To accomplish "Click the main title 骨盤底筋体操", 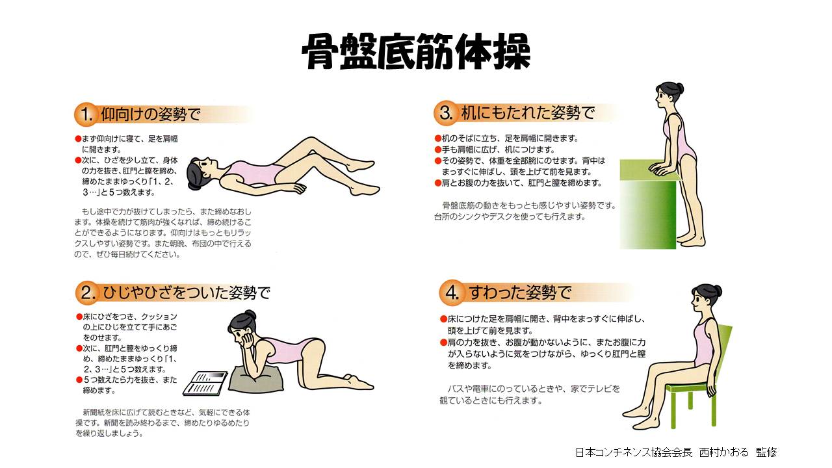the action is click(416, 51).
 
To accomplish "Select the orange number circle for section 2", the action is click(87, 292).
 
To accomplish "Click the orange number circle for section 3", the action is click(445, 113).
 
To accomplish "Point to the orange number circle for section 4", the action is click(451, 292).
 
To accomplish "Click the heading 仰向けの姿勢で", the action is click(151, 114).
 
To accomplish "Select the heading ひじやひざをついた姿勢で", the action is click(186, 293).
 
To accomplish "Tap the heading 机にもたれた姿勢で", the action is click(528, 112).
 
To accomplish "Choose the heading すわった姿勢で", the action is click(519, 292).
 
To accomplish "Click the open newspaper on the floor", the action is click(205, 383).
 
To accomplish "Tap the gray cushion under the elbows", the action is click(256, 378).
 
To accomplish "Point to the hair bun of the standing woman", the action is click(680, 88).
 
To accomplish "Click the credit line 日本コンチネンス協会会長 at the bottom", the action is click(634, 452).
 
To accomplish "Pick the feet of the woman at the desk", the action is click(691, 240).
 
